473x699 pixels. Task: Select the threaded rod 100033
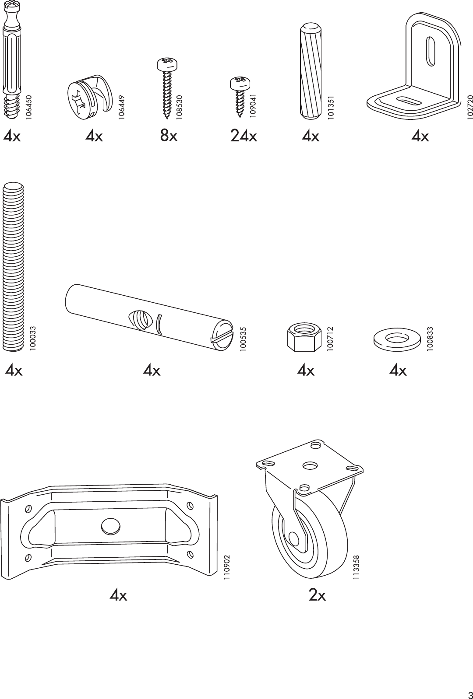[x=14, y=267]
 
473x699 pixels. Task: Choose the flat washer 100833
[x=398, y=338]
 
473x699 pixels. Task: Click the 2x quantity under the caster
[x=317, y=595]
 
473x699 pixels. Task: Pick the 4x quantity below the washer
[x=398, y=370]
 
